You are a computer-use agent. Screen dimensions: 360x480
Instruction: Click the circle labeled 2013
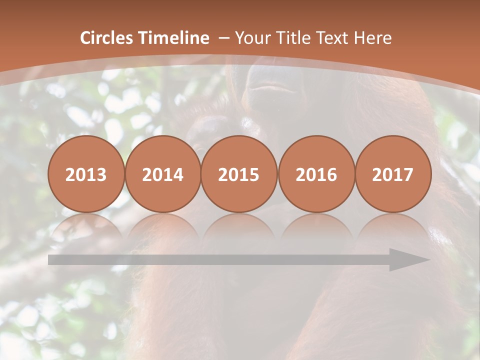click(x=86, y=174)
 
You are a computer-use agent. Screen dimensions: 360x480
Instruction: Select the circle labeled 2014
click(x=162, y=174)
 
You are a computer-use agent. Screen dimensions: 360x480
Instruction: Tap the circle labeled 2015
click(x=239, y=174)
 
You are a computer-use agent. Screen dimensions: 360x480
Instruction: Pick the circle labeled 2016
click(x=316, y=174)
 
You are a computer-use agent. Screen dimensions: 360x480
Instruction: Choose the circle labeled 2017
click(x=393, y=174)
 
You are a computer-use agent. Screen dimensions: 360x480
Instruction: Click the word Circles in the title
click(x=107, y=38)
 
